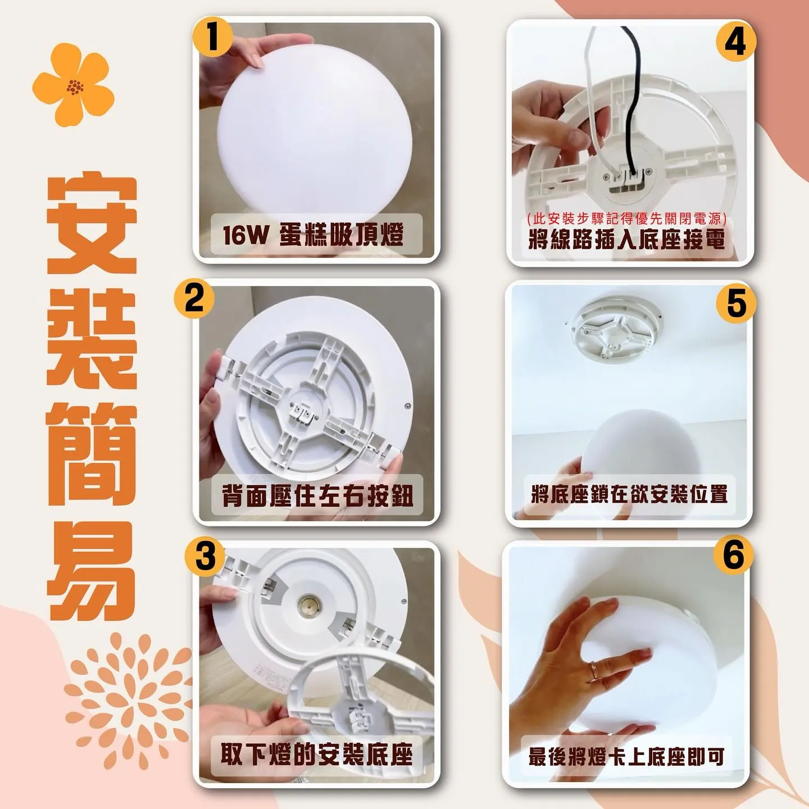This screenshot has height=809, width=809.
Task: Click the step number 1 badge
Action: [x=213, y=38]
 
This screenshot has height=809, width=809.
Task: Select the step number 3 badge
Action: [x=205, y=557]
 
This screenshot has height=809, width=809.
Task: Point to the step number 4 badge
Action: [x=736, y=43]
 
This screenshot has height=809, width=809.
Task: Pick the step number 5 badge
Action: [x=737, y=303]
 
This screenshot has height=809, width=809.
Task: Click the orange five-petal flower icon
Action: [x=74, y=84]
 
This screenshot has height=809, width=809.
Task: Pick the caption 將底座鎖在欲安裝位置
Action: [x=629, y=494]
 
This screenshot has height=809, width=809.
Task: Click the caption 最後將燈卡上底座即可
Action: [x=626, y=756]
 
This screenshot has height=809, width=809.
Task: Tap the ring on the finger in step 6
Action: [x=596, y=671]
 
